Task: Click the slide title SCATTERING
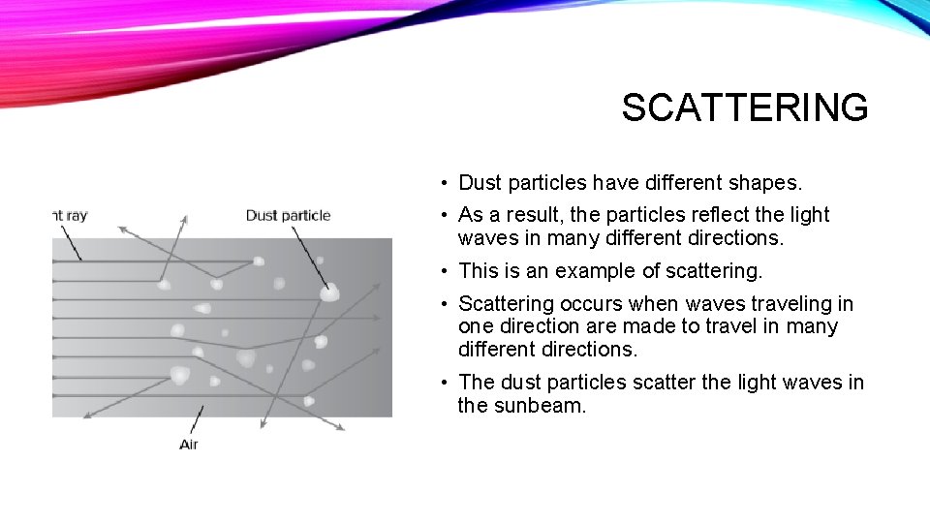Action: pos(744,108)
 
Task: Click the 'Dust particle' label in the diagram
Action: pos(288,215)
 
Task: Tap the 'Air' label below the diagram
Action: pos(190,444)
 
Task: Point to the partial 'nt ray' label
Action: pos(70,215)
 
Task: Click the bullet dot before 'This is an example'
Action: pos(440,272)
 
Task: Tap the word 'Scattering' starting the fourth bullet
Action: pos(506,304)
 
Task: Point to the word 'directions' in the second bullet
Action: pos(733,237)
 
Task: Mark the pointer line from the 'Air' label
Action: pos(198,420)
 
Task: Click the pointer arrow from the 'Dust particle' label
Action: pos(310,254)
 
